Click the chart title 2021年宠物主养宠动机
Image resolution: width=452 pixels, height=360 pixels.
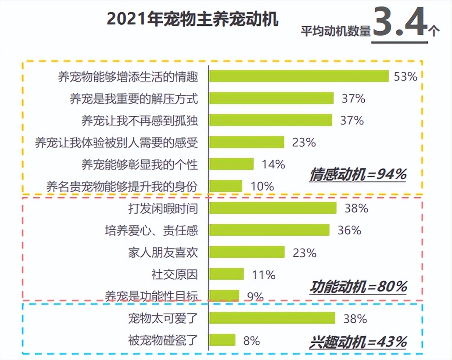point(193,20)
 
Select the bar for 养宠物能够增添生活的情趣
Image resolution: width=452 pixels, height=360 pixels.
point(299,76)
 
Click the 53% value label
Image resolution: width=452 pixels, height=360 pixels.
point(405,76)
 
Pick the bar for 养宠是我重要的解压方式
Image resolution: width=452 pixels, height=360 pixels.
point(271,98)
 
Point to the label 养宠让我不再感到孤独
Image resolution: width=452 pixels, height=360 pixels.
point(140,120)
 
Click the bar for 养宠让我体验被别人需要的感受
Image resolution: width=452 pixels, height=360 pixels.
point(247,142)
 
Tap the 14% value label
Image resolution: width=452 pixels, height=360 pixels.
point(273,164)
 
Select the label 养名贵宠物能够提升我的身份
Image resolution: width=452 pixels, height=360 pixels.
point(122,186)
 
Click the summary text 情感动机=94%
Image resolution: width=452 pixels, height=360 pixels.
point(358,174)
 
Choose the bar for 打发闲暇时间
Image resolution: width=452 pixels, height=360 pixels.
point(273,208)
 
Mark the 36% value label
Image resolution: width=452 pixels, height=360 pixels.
point(349,230)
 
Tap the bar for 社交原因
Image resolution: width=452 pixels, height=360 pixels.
point(226,274)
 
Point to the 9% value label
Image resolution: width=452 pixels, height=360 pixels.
point(255,297)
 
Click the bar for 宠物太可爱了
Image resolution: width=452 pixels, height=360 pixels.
point(272,318)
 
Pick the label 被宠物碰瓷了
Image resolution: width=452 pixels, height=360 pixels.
point(163,340)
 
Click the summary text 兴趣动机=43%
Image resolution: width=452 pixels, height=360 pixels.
point(358,341)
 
